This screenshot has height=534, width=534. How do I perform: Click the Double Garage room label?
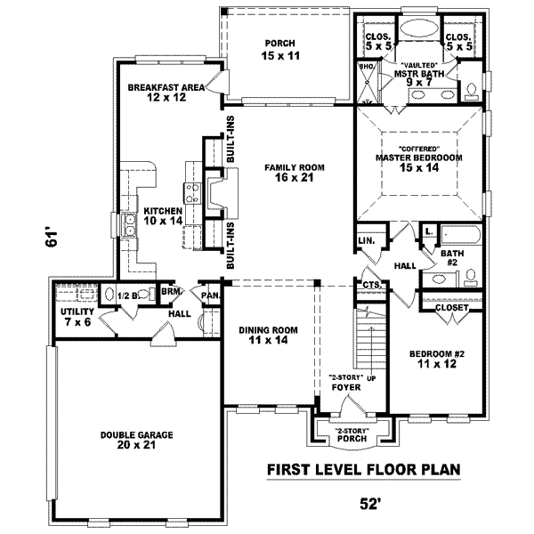pyautogui.click(x=136, y=440)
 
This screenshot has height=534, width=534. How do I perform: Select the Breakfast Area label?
pyautogui.click(x=166, y=93)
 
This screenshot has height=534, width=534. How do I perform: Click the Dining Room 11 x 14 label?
pyautogui.click(x=268, y=335)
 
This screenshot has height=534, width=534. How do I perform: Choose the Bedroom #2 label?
pyautogui.click(x=437, y=359)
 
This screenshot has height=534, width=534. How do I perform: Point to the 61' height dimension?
pyautogui.click(x=53, y=239)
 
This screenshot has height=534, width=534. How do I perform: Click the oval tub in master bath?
pyautogui.click(x=415, y=27)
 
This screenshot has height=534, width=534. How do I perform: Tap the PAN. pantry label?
pyautogui.click(x=211, y=295)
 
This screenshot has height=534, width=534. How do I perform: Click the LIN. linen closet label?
pyautogui.click(x=366, y=240)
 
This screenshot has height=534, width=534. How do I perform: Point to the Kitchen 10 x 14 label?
pyautogui.click(x=163, y=216)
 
